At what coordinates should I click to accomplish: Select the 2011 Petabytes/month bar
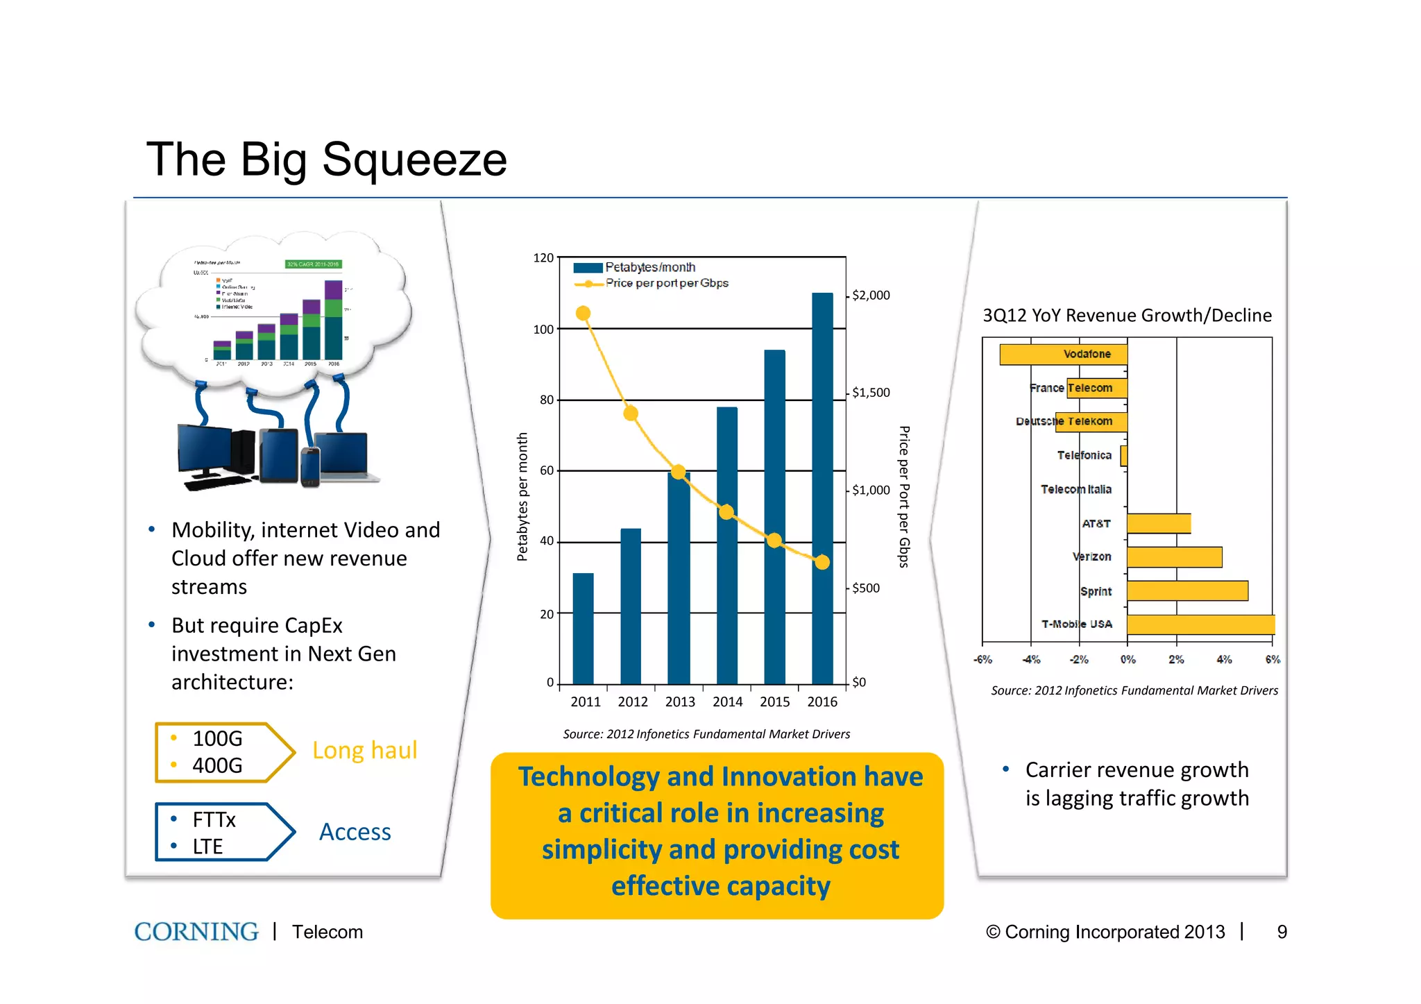[583, 629]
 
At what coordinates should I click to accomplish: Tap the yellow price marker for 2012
[631, 414]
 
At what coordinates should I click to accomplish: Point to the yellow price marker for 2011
[584, 314]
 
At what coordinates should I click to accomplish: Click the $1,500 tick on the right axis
[871, 393]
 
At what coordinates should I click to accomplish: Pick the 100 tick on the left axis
[543, 330]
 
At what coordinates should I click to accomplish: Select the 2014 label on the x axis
[727, 702]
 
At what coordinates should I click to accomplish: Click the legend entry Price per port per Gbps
[666, 283]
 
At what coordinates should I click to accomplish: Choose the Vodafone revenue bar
[1063, 355]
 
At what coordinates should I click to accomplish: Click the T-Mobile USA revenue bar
[1200, 624]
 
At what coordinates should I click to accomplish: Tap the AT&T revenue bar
[1159, 524]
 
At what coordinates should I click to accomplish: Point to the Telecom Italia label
[1075, 490]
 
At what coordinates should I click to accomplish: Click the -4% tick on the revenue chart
[1031, 660]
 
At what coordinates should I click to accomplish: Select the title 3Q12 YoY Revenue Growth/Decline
[1127, 316]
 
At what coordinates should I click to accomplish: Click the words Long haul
[364, 751]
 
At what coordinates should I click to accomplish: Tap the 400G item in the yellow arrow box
[217, 766]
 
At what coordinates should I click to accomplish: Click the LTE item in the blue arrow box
[207, 847]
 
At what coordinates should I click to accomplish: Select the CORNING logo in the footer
[196, 932]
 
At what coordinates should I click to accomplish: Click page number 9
[1282, 932]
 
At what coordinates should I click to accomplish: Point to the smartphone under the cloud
[310, 467]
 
